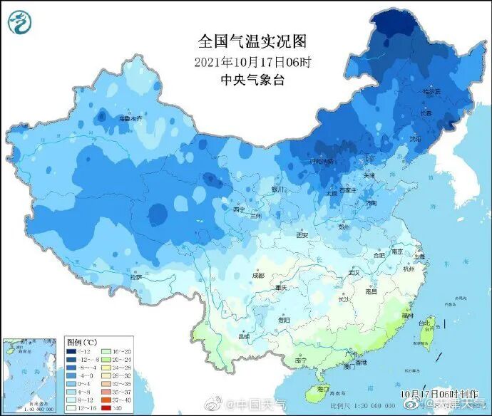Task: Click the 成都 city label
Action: pos(257,275)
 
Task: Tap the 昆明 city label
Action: pos(245,336)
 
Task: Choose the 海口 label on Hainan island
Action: pos(323,388)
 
